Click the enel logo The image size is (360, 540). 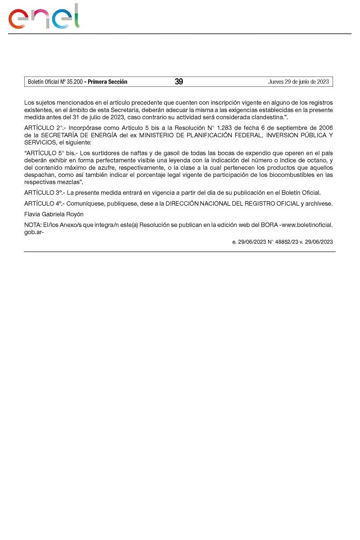point(44,17)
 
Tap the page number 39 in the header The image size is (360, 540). point(179,82)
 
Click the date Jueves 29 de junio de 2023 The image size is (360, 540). point(298,82)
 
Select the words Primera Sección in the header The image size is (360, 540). point(108,82)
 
